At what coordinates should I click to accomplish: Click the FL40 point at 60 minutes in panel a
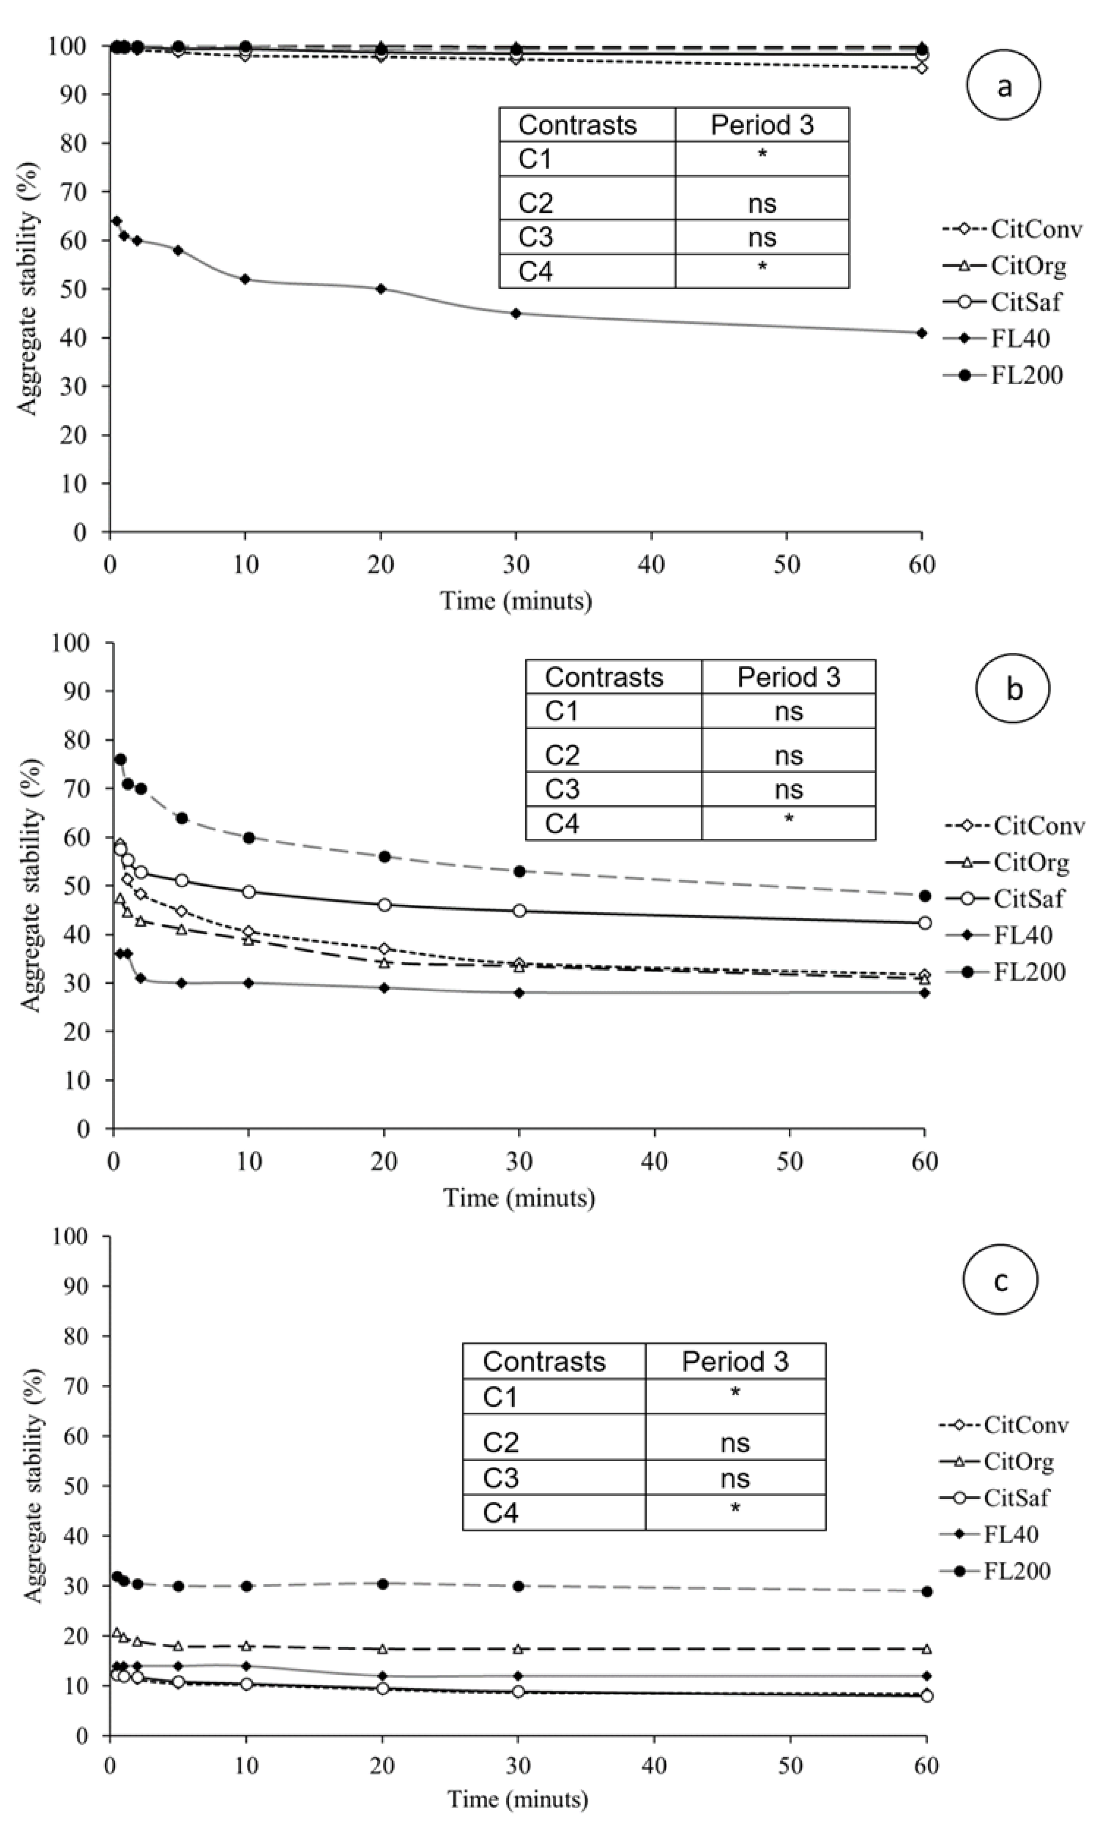pyautogui.click(x=921, y=333)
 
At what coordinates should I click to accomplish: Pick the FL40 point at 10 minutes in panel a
pyautogui.click(x=245, y=279)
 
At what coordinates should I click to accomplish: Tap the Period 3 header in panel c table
pyautogui.click(x=735, y=1362)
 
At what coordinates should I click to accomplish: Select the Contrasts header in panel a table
pyautogui.click(x=577, y=125)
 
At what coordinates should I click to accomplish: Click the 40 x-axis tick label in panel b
pyautogui.click(x=654, y=1162)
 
